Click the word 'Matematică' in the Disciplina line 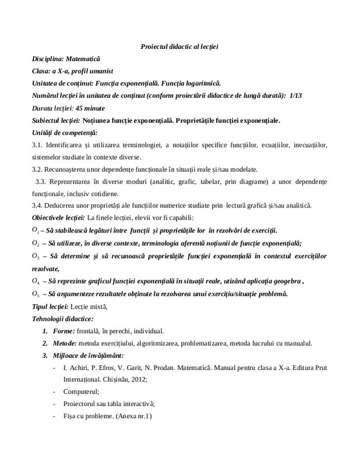click(x=84, y=59)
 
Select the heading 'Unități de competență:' click(x=65, y=133)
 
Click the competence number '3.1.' click(x=38, y=145)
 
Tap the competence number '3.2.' click(x=38, y=170)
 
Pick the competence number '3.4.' click(x=38, y=206)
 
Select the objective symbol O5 click(x=36, y=294)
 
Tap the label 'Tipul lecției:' click(x=51, y=306)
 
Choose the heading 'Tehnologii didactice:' click(x=62, y=319)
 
